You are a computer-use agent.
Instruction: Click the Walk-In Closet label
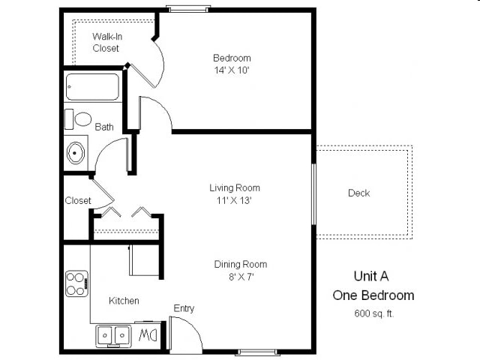[x=106, y=42]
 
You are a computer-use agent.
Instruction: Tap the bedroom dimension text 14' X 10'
[x=231, y=70]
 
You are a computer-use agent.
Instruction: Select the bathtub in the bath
[x=92, y=86]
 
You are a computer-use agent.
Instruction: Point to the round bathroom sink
[x=76, y=153]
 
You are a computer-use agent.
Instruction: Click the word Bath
[x=104, y=127]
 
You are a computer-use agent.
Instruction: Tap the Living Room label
[x=235, y=187]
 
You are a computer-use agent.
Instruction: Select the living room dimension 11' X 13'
[x=235, y=200]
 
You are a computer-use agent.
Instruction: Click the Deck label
[x=358, y=193]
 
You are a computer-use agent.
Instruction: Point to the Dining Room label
[x=240, y=264]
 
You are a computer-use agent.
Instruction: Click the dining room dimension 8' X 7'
[x=240, y=277]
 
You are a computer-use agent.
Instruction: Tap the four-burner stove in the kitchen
[x=76, y=283]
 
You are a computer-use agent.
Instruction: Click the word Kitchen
[x=124, y=301]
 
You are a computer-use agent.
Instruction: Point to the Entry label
[x=184, y=308]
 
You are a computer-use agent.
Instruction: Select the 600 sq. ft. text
[x=373, y=313]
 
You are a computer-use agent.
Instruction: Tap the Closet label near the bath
[x=78, y=200]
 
